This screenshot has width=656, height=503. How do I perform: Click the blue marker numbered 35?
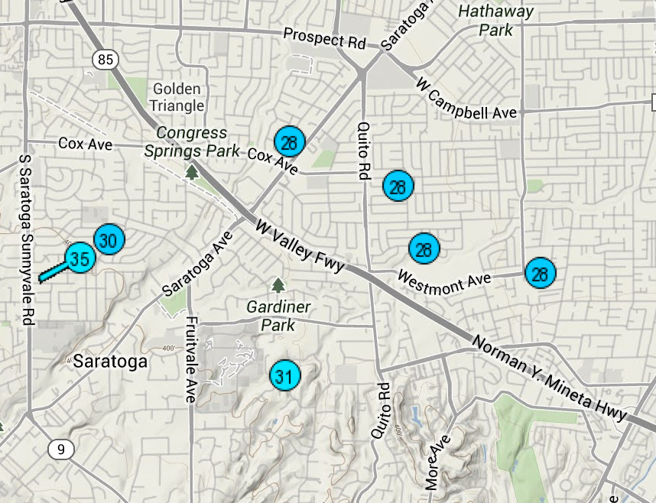(80, 258)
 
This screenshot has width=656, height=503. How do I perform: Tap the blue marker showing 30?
(109, 240)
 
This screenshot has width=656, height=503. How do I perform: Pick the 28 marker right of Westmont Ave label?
(541, 273)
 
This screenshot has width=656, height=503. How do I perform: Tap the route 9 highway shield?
(60, 449)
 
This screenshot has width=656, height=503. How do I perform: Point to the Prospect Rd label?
(324, 37)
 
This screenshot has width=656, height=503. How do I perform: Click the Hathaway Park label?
(496, 21)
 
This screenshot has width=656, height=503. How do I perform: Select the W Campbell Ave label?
(466, 98)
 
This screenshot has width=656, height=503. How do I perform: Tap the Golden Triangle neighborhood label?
(177, 97)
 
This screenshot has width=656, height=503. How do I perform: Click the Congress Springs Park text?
(193, 142)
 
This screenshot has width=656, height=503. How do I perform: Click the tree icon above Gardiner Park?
(278, 285)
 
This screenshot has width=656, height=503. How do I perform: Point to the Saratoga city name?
(110, 362)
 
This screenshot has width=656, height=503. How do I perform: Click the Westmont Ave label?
(444, 281)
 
